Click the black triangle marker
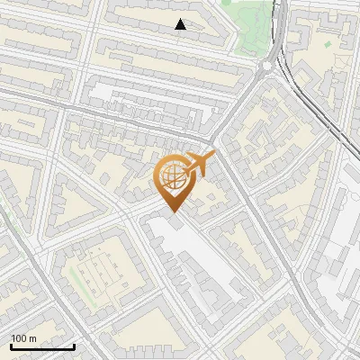tap(181, 24)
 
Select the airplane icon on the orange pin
tap(201, 164)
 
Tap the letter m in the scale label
tap(33, 338)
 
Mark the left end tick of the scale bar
tap(11, 346)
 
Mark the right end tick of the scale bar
tap(74, 346)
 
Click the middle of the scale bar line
tap(42, 347)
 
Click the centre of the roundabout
tap(268, 66)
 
